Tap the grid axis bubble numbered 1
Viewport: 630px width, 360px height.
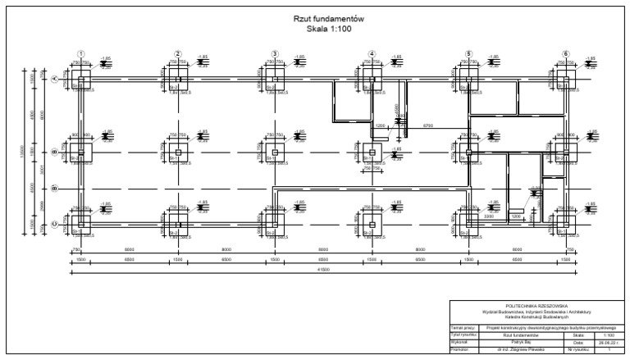80,53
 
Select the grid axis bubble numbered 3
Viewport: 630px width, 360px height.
274,53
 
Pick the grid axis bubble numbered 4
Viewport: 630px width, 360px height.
372,53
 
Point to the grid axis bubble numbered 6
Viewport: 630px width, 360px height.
565,53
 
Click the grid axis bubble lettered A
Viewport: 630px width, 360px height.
55,80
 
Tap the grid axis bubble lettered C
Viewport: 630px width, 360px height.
55,221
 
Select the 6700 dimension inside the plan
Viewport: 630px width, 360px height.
427,125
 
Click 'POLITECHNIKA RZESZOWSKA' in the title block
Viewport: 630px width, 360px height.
537,306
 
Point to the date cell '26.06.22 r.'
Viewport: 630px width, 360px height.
608,342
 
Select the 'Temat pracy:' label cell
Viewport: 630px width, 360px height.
463,327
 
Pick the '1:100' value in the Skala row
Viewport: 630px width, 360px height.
608,335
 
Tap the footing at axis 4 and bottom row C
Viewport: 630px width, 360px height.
372,221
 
